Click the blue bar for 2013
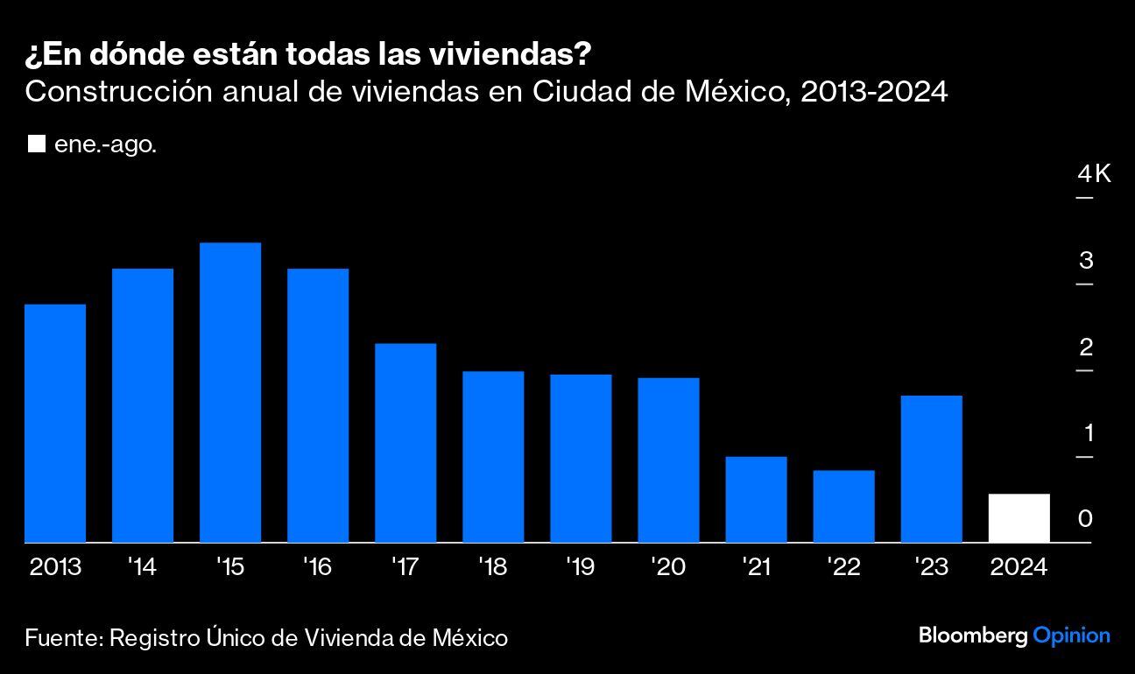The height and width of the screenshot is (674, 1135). point(55,424)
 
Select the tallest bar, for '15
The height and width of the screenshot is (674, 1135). point(230,393)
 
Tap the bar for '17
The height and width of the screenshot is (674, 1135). point(405,443)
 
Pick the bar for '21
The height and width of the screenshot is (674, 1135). point(756,500)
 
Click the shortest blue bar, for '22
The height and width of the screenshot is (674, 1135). point(843,507)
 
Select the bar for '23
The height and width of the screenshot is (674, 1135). point(931,469)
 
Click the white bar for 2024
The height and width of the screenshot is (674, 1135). point(1019,518)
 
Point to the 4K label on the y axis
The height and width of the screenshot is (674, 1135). point(1094,174)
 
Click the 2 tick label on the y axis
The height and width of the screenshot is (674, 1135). point(1086,348)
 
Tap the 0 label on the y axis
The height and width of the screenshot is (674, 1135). point(1086,519)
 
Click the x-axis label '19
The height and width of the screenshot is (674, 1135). point(580,567)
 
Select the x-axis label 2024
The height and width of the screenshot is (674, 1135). point(1019,567)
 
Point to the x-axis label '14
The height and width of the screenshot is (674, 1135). point(142,567)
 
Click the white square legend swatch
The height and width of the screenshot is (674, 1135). point(36,144)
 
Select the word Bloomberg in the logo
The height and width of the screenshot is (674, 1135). point(973,635)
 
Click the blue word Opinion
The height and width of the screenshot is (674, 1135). point(1071,635)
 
